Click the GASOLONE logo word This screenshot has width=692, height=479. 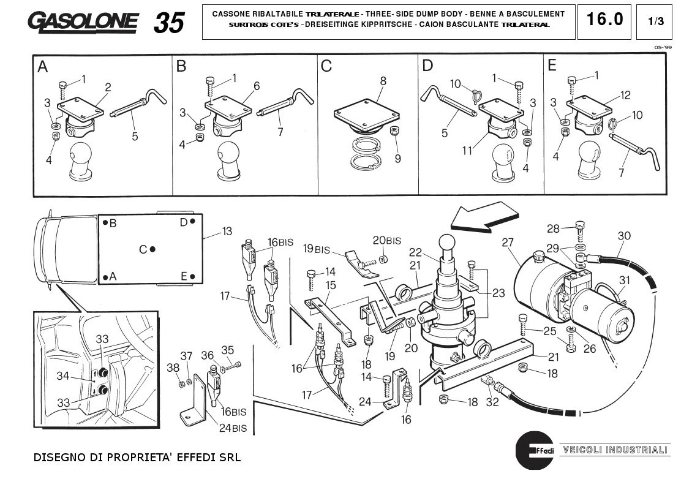click(x=83, y=22)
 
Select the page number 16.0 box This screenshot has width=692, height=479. click(x=604, y=20)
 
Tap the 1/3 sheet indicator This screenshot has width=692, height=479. click(x=655, y=21)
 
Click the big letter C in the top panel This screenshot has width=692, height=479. click(x=326, y=66)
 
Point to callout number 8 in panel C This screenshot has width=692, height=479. click(x=383, y=81)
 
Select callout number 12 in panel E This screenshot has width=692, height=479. click(x=625, y=95)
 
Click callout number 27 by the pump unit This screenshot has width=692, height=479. click(x=508, y=243)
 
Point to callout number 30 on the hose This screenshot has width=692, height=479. click(x=623, y=236)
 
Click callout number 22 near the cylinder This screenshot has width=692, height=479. click(x=432, y=252)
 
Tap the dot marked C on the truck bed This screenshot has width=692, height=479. click(x=152, y=249)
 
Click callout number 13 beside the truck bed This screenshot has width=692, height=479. click(x=227, y=232)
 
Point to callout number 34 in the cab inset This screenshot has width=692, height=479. click(x=63, y=376)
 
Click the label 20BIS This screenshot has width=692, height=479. click(x=387, y=240)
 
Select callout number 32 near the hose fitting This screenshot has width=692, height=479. click(x=491, y=402)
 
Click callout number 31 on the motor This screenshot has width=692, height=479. click(x=624, y=281)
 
